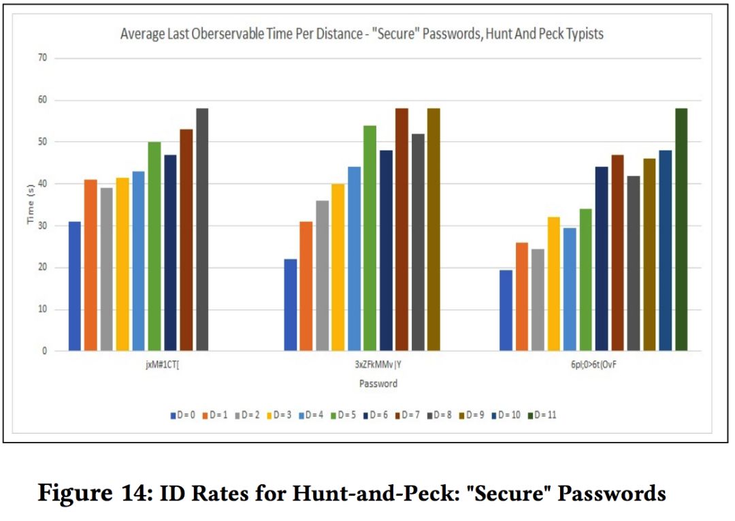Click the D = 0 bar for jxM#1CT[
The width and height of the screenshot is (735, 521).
pyautogui.click(x=75, y=286)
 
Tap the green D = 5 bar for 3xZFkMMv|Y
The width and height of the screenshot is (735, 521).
pyautogui.click(x=370, y=238)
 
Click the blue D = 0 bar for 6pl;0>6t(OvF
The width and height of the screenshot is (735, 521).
pyautogui.click(x=506, y=311)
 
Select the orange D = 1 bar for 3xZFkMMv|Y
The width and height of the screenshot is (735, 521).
pyautogui.click(x=306, y=286)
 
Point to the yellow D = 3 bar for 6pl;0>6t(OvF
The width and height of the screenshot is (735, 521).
pyautogui.click(x=554, y=284)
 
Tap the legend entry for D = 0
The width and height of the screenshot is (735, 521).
pyautogui.click(x=184, y=414)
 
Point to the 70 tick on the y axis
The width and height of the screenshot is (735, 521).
pyautogui.click(x=42, y=58)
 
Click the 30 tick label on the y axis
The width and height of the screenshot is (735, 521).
pyautogui.click(x=42, y=226)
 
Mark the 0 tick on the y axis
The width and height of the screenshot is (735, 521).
pyautogui.click(x=45, y=351)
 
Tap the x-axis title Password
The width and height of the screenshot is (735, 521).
pyautogui.click(x=378, y=383)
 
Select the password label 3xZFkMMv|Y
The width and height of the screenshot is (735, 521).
pyautogui.click(x=378, y=364)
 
